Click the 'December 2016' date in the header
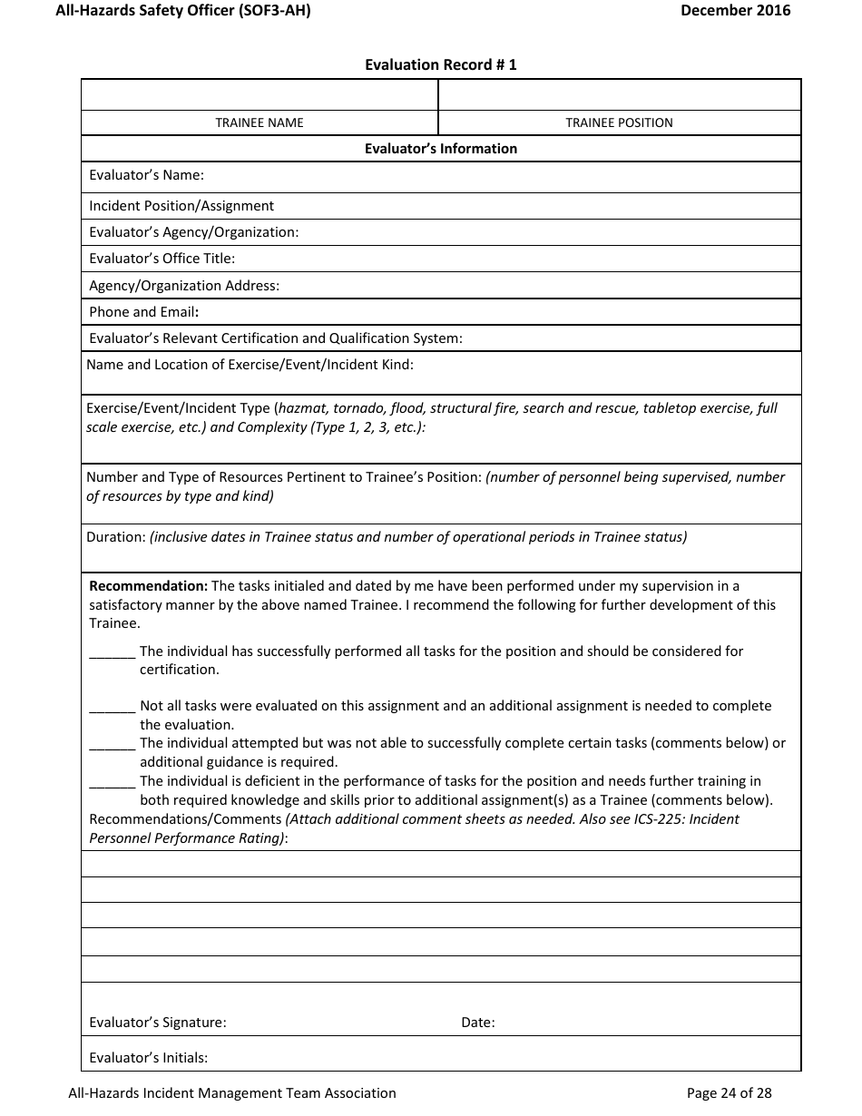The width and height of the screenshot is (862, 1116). coord(735,11)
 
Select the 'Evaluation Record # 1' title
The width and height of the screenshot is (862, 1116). coord(440,65)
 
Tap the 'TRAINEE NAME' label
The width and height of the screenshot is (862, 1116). coord(260,122)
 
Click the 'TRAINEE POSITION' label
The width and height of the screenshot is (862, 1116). coord(619,122)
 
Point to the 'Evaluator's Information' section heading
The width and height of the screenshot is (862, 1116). coord(440,149)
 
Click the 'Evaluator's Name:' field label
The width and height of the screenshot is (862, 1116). coord(146,175)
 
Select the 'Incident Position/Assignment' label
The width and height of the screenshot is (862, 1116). coord(181,206)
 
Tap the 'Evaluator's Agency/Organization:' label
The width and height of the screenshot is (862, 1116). coord(193,232)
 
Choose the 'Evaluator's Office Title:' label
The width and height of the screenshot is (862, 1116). coord(162,259)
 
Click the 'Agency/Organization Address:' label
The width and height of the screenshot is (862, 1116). coord(184,286)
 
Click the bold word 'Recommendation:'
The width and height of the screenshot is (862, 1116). coord(148,586)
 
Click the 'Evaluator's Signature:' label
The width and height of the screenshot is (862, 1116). coord(158,1023)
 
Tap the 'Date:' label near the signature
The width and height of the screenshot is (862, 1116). coord(477,1023)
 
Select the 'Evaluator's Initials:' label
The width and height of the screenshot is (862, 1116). coord(149,1058)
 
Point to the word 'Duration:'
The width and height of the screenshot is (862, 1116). coord(116,537)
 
